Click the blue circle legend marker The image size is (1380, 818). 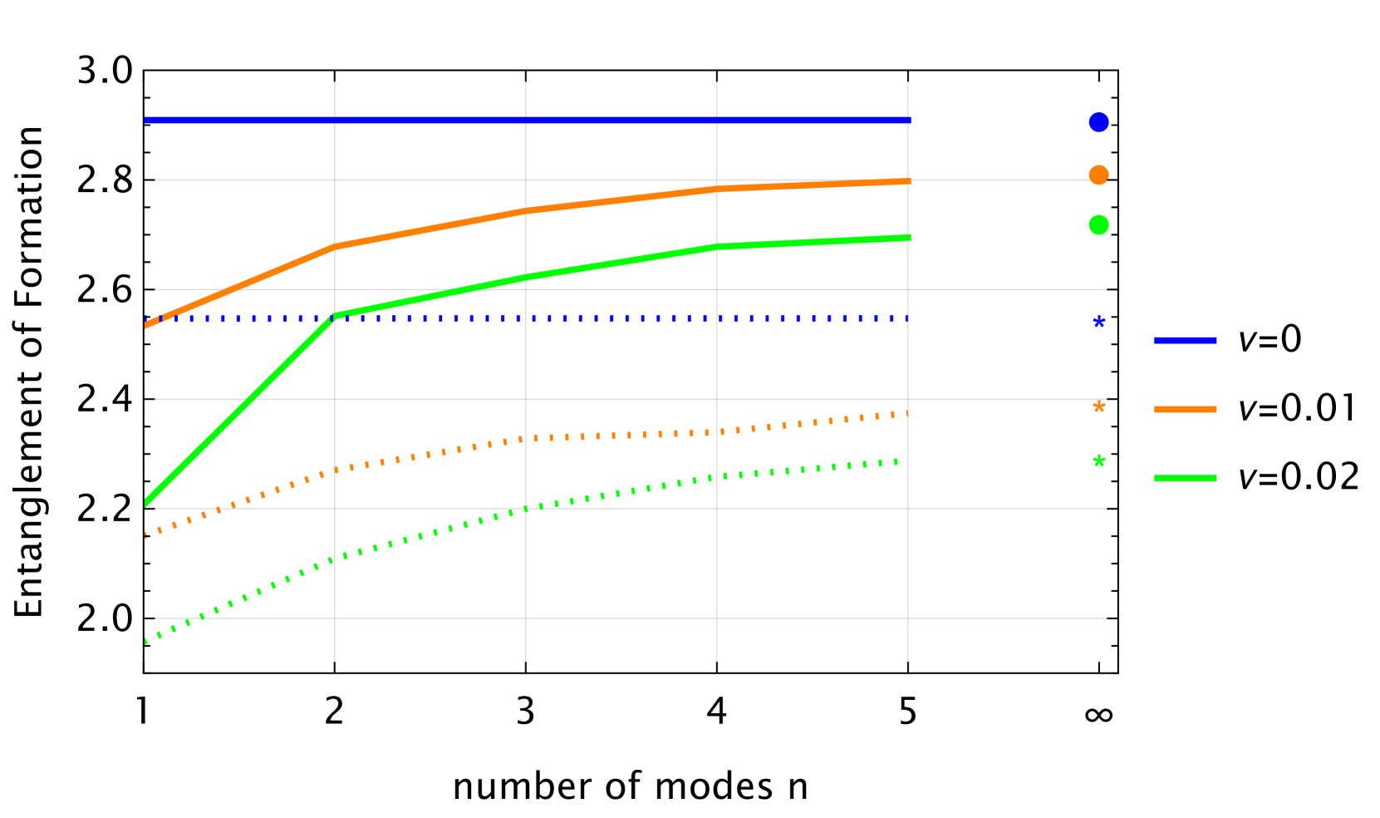(x=1098, y=122)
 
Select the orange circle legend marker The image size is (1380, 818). (x=1098, y=175)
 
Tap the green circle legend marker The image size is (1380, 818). (x=1098, y=225)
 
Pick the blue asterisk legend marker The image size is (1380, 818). (x=1099, y=323)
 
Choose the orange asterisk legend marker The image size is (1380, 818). (x=1099, y=407)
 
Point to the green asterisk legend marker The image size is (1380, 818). (x=1099, y=461)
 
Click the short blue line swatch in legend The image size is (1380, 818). (x=1185, y=340)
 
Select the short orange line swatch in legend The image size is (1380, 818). (x=1185, y=409)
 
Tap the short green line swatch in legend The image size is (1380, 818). (x=1185, y=478)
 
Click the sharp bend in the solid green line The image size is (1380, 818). (x=335, y=316)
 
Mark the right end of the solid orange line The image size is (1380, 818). (x=910, y=180)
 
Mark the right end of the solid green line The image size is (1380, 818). (x=910, y=238)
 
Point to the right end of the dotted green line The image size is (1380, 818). (x=899, y=461)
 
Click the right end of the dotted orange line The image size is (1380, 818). (x=907, y=412)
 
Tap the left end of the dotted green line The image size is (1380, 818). (x=146, y=641)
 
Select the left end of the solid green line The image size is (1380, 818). (x=146, y=503)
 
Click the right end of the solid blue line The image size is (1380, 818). (x=910, y=120)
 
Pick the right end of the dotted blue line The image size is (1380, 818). (x=907, y=318)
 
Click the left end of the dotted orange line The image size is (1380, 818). (x=146, y=535)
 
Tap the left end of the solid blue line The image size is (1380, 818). (x=146, y=120)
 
